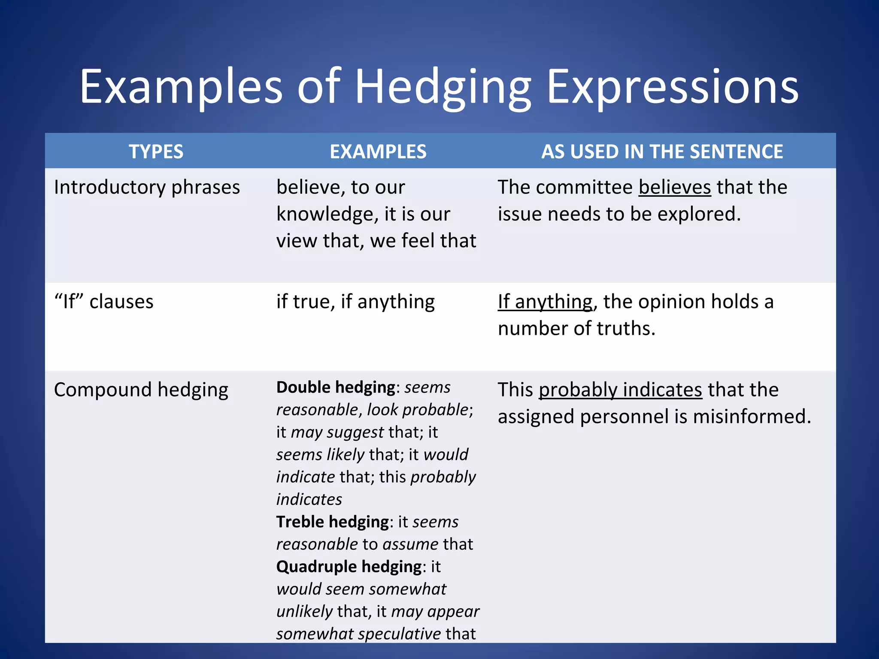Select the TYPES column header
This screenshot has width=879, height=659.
point(156,151)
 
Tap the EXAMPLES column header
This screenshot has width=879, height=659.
point(378,151)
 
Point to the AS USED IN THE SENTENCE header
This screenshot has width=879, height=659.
point(662,151)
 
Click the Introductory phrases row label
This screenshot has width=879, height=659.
point(147,187)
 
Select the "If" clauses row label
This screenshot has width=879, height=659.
point(103,302)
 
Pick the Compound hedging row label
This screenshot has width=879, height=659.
point(141,390)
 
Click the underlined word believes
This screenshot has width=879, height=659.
point(674,187)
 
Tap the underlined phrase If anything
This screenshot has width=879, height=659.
point(545,302)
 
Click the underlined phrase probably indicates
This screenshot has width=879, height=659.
point(620,390)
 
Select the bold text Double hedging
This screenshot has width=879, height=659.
point(335,387)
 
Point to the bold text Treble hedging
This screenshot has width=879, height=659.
point(332,522)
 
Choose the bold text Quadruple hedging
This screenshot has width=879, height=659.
point(349,567)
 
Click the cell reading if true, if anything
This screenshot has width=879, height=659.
point(355,302)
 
